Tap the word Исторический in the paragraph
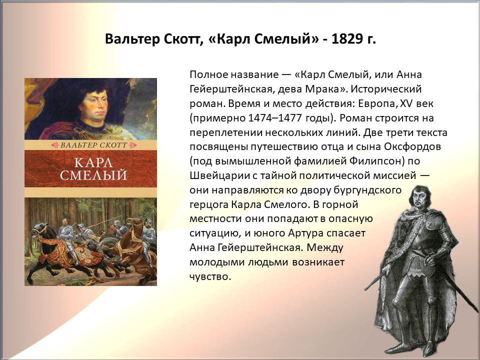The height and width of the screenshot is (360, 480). (x=386, y=89)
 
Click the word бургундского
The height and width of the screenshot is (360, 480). (x=367, y=190)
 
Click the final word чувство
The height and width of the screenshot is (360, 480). (x=210, y=276)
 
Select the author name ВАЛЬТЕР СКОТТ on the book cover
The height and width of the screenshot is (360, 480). (x=93, y=145)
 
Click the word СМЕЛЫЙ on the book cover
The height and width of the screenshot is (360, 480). (x=93, y=175)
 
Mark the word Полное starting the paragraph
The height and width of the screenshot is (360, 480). (x=209, y=74)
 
